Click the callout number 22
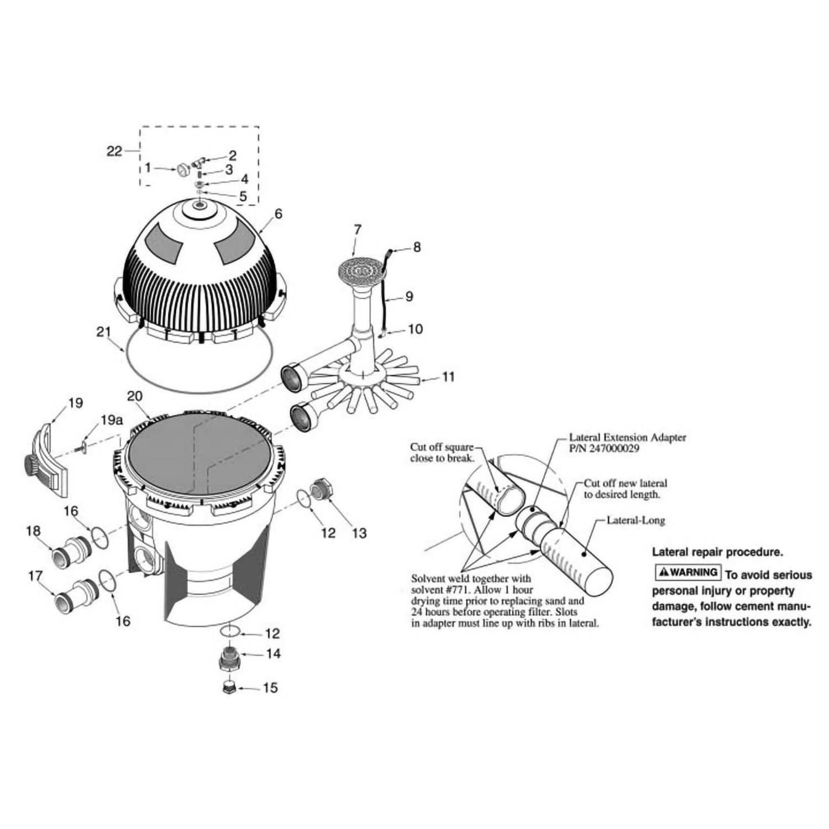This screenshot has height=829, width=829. (114, 150)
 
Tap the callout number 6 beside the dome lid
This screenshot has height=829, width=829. (278, 213)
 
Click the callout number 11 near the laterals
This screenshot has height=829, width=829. (448, 377)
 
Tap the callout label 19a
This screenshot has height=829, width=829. (111, 421)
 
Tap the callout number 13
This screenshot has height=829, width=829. (359, 533)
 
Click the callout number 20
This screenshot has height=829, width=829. (135, 396)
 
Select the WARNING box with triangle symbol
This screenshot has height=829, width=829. (688, 572)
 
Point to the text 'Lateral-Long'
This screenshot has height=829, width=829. (636, 520)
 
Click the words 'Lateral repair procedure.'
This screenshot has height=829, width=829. (717, 552)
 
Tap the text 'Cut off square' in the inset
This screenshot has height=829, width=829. (442, 447)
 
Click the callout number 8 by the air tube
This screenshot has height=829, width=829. (417, 247)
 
